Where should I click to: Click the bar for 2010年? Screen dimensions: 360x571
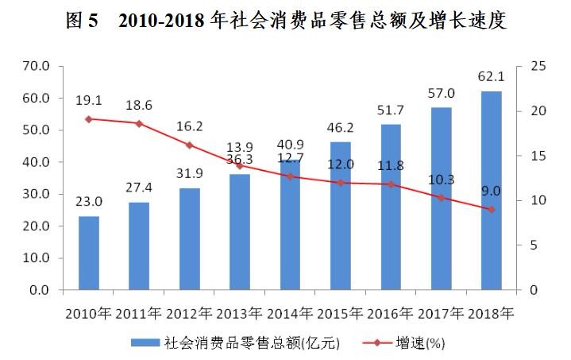pyautogui.click(x=89, y=253)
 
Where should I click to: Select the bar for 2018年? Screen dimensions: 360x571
pyautogui.click(x=492, y=191)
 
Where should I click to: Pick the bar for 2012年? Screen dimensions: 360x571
pyautogui.click(x=189, y=238)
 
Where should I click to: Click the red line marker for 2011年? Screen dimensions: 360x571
pyautogui.click(x=139, y=123)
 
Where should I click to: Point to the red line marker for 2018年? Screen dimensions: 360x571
pyautogui.click(x=492, y=209)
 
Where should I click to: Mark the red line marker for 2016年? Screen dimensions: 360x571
pyautogui.click(x=391, y=184)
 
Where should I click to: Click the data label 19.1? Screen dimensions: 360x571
pyautogui.click(x=88, y=100)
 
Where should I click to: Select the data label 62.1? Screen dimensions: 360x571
pyautogui.click(x=492, y=78)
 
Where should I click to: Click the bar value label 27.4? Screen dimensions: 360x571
pyautogui.click(x=139, y=188)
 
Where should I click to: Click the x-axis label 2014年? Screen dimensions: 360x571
pyautogui.click(x=290, y=312)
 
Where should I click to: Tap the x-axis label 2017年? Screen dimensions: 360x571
pyautogui.click(x=442, y=312)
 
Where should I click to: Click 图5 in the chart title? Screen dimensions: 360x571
pyautogui.click(x=83, y=21)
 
